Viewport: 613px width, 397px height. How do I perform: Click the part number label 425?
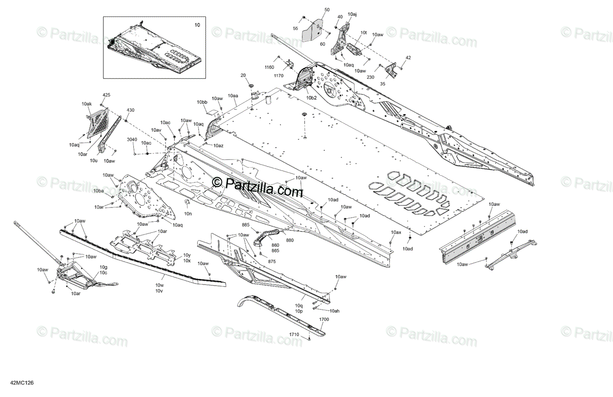point(106,95)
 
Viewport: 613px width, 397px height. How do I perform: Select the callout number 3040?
point(132,140)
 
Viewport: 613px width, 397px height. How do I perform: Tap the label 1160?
point(269,67)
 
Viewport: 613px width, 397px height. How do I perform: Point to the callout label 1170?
point(278,76)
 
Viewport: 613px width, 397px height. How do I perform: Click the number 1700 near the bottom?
point(324,319)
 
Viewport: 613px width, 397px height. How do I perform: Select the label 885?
point(246,225)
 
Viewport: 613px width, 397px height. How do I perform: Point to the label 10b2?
point(312,97)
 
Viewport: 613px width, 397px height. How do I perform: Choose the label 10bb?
point(202,103)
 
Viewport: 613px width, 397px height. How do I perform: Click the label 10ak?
point(86,104)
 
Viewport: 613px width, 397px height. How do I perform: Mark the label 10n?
point(188,214)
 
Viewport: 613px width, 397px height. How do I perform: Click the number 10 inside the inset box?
point(197,25)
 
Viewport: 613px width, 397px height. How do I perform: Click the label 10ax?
point(396,232)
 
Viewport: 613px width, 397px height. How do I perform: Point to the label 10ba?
point(99,191)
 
